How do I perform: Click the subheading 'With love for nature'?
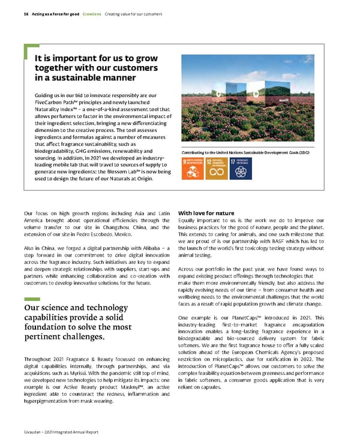(206, 212)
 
